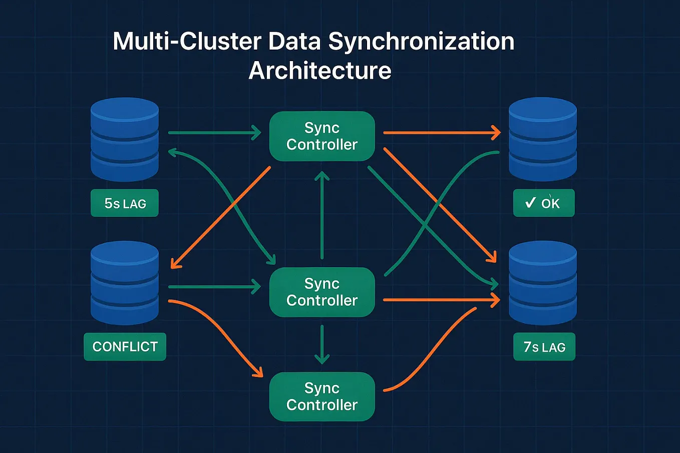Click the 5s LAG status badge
pyautogui.click(x=125, y=203)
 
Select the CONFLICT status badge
pyautogui.click(x=125, y=346)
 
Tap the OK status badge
pyautogui.click(x=544, y=203)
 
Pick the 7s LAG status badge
pyautogui.click(x=544, y=347)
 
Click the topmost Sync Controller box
pyautogui.click(x=322, y=136)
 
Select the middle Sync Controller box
pyautogui.click(x=322, y=292)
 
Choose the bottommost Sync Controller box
pyautogui.click(x=322, y=396)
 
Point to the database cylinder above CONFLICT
pyautogui.click(x=125, y=283)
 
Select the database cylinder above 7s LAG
pyautogui.click(x=543, y=283)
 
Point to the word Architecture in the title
pyautogui.click(x=320, y=71)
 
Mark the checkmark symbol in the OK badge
pyautogui.click(x=530, y=203)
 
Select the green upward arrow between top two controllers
pyautogui.click(x=322, y=215)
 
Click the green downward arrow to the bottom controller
pyautogui.click(x=322, y=344)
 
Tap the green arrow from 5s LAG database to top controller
pyautogui.click(x=214, y=133)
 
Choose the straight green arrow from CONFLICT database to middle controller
pyautogui.click(x=214, y=287)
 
